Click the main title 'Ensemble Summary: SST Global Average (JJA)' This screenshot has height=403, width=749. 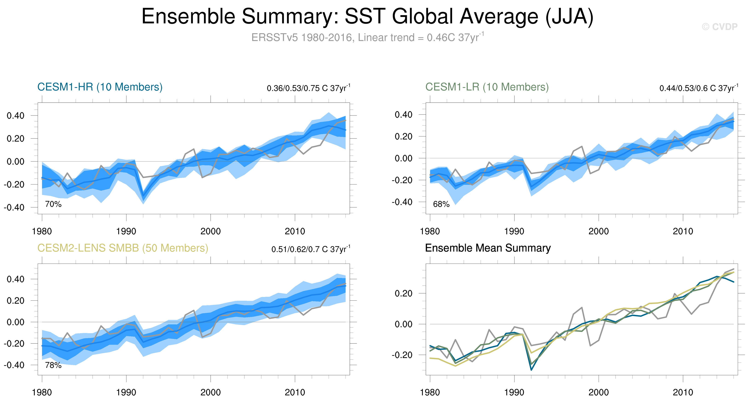(x=367, y=16)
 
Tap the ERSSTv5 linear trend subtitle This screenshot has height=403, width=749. (x=367, y=38)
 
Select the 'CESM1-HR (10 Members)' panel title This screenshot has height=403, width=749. (x=100, y=87)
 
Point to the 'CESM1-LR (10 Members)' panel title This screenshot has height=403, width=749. (x=487, y=87)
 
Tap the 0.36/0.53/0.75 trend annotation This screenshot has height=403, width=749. (x=308, y=88)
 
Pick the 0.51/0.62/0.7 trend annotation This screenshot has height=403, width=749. (x=310, y=249)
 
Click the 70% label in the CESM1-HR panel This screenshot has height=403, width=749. (x=53, y=204)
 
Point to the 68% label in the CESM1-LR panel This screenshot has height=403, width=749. (x=441, y=204)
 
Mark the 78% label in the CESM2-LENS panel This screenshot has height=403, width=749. (x=53, y=365)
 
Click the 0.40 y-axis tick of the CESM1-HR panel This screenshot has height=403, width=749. (x=15, y=116)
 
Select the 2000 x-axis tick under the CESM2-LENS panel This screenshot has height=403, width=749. (x=210, y=392)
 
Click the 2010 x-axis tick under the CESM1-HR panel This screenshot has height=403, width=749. (x=295, y=231)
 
